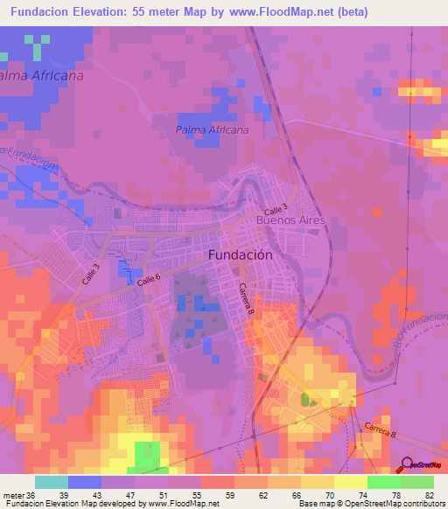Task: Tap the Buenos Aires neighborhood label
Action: tap(290, 221)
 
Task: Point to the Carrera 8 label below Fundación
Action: tap(246, 298)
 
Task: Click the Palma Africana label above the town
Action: tap(212, 129)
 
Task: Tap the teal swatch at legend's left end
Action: tap(52, 482)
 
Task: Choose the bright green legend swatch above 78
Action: tap(384, 482)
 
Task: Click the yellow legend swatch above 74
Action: tap(351, 482)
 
